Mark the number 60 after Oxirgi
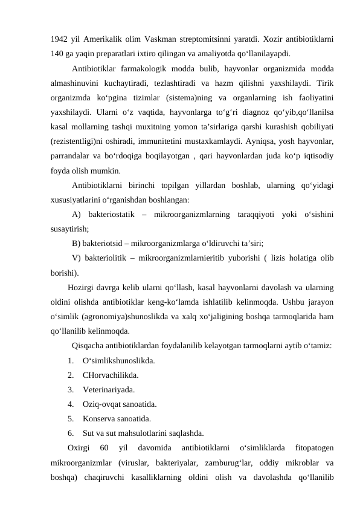[104, 448]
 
